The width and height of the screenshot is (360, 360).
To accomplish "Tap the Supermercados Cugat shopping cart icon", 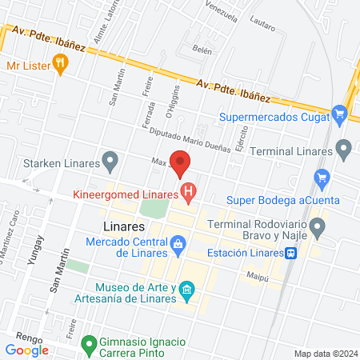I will [339, 116].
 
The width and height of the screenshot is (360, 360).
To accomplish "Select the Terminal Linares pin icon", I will [344, 149].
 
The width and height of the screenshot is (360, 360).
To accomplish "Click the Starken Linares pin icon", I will [111, 164].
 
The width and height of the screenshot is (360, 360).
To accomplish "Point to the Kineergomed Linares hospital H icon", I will [189, 192].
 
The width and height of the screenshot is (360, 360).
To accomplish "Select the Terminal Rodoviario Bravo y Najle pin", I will [318, 230].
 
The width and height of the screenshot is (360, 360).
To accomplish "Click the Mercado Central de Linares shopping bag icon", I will [178, 242].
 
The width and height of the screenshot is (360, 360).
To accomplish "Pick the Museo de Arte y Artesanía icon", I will [186, 289].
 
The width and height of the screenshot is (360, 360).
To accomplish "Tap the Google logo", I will [27, 350].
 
